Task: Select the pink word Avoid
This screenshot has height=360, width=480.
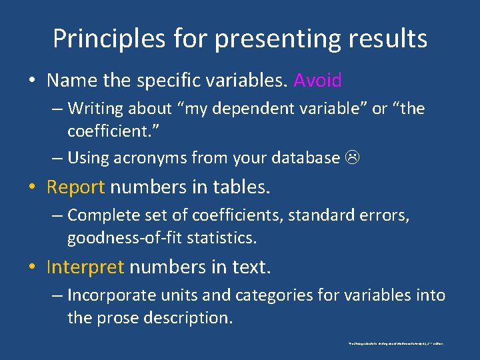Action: [x=317, y=81]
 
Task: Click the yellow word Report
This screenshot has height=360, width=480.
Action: [x=75, y=187]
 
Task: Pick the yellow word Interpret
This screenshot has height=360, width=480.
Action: [x=85, y=267]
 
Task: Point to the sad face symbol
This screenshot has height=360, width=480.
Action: [x=351, y=159]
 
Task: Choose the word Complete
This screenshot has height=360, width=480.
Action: [x=102, y=215]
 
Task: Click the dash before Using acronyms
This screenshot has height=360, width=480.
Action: [x=57, y=158]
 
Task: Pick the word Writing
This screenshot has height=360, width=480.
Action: [x=93, y=108]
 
